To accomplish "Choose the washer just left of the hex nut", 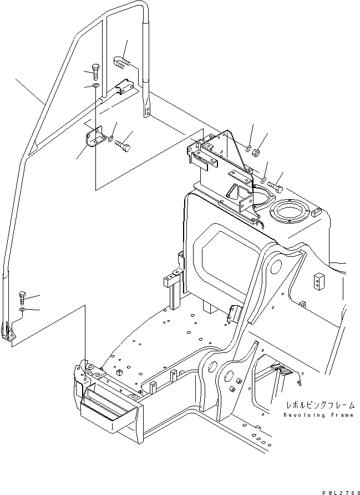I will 248,149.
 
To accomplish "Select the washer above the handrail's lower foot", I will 22,309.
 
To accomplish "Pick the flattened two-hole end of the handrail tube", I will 147,108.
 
